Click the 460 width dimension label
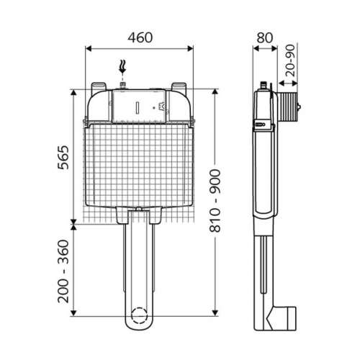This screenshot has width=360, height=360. click(140, 37)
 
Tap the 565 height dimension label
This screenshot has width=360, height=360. click(63, 158)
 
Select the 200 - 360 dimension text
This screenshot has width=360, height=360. click(63, 271)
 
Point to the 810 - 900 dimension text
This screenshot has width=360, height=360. click(215, 201)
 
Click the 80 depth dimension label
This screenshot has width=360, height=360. click(265, 37)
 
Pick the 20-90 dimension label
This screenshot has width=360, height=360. click(290, 60)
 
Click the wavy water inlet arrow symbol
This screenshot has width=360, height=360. click(122, 67)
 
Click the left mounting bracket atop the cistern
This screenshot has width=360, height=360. click(99, 89)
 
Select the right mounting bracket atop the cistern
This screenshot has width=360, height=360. click(179, 89)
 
